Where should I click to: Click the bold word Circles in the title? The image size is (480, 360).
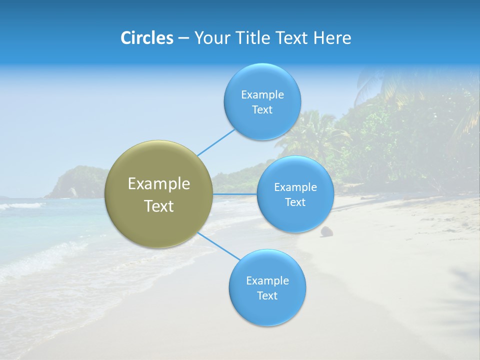[x=147, y=37]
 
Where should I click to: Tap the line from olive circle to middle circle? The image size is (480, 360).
[x=235, y=194]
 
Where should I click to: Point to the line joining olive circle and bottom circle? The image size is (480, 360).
[x=218, y=245]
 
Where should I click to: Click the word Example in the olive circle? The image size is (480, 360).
[x=159, y=184]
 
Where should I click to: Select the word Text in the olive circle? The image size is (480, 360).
[x=159, y=206]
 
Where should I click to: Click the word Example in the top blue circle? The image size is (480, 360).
[x=262, y=94]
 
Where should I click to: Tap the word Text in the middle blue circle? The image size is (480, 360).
[x=295, y=202]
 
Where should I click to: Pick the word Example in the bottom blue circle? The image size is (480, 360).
[x=267, y=280]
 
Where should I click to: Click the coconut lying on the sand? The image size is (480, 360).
[x=327, y=231]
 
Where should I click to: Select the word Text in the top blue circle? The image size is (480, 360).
[x=262, y=109]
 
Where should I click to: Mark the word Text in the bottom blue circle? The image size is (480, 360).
[x=267, y=295]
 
